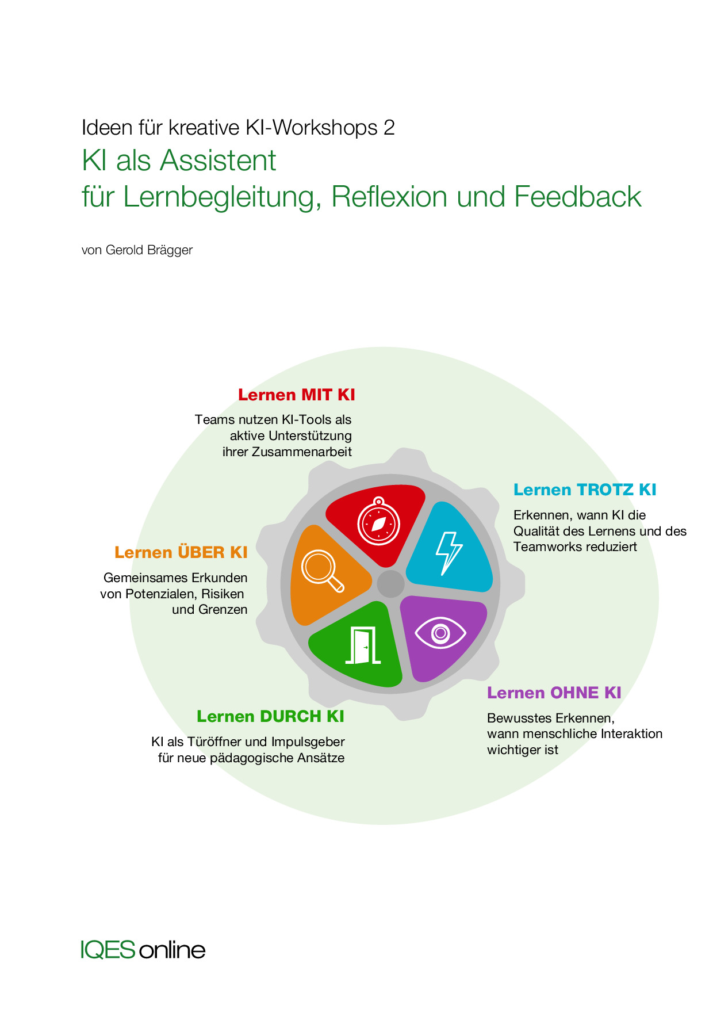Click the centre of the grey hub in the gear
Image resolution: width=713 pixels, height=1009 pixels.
click(390, 584)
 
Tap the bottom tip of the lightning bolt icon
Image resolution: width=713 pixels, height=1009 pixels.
click(443, 575)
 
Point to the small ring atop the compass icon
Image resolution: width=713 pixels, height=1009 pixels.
click(378, 500)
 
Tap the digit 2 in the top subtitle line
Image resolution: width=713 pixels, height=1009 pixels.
click(389, 128)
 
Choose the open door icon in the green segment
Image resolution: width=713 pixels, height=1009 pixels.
click(363, 645)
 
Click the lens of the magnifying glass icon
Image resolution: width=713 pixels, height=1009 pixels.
click(319, 566)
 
